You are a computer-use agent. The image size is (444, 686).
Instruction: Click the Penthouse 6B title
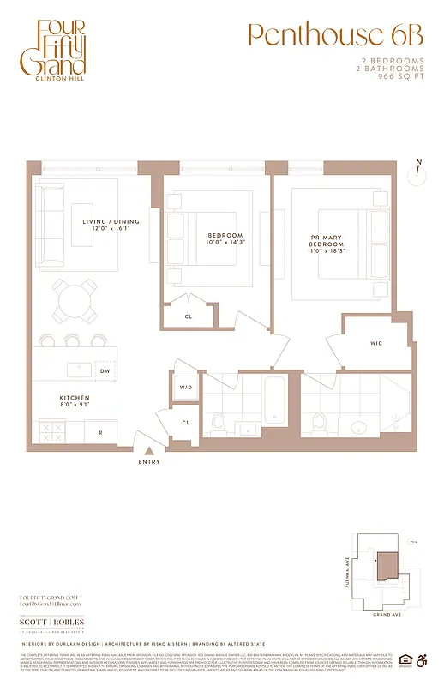pos(335,35)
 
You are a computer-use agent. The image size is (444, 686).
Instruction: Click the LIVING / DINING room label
pos(111,226)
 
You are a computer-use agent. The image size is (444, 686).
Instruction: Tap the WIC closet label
pos(376,343)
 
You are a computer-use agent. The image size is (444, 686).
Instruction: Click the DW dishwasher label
pos(105,371)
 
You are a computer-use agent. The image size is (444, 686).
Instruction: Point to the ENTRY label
pos(148,462)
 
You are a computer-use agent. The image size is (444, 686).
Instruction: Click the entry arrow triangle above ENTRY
pos(149,449)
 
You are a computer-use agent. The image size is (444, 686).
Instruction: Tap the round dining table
pos(75,300)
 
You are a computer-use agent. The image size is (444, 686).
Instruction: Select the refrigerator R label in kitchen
pos(100,433)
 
